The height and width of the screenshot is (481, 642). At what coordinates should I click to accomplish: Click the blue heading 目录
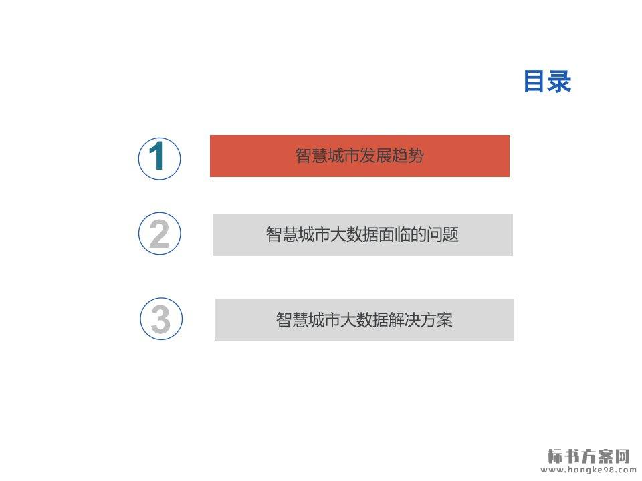(548, 81)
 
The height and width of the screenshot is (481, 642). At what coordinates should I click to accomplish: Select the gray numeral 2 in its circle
(159, 234)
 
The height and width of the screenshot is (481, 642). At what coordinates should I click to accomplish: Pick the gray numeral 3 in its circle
(160, 319)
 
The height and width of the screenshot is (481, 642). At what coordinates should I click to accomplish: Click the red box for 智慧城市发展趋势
(360, 156)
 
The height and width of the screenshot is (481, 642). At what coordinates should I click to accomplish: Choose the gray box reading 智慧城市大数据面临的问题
(362, 234)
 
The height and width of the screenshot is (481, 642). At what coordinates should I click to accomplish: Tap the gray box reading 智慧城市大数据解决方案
(364, 319)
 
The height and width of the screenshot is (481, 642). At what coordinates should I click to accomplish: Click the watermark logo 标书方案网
(588, 456)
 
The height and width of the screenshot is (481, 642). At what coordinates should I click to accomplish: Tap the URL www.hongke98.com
(588, 470)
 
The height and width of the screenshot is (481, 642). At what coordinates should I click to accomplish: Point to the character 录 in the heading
(560, 81)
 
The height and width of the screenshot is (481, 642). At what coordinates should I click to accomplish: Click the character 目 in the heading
(536, 81)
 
